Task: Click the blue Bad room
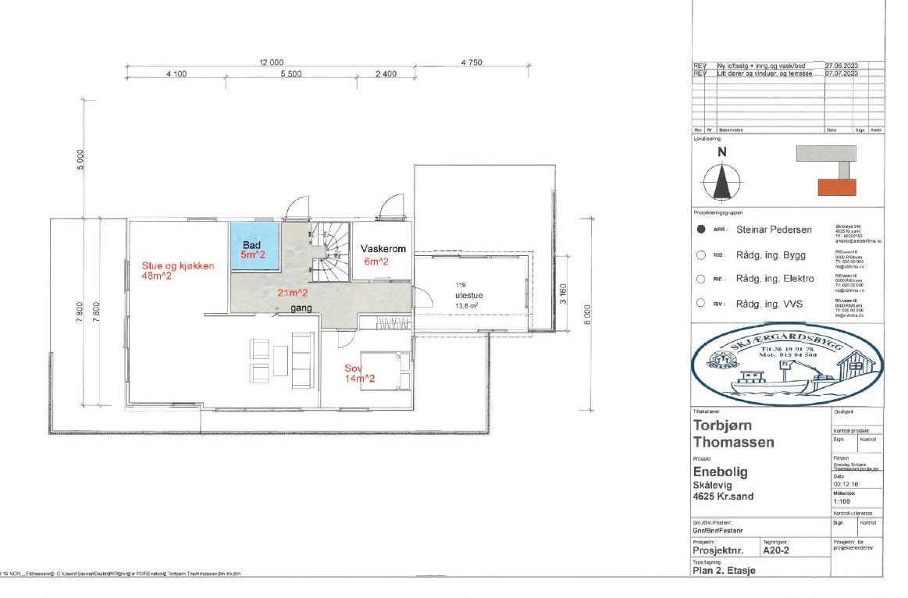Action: coord(254,248)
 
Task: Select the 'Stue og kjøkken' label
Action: coord(177,265)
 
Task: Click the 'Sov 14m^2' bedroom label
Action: coord(360,373)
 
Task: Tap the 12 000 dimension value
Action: coord(271,62)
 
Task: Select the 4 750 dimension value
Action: coord(473,62)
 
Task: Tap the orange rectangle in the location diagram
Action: coord(836,187)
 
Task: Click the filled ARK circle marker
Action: coord(701,230)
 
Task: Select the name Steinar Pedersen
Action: coord(774,230)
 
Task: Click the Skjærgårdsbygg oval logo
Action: coord(787,364)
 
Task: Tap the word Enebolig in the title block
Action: coord(721,472)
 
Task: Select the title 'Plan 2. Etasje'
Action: coord(725,570)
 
